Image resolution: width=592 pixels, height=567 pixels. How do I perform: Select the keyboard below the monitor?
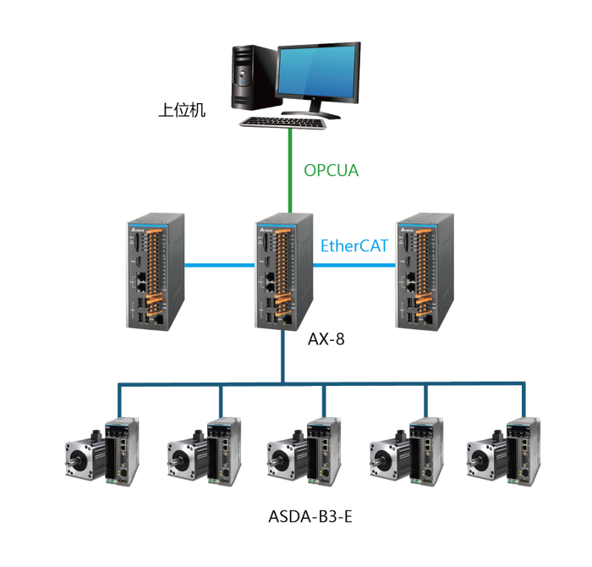pos(283,123)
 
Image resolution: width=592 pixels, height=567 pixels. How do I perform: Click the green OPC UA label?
pos(332,171)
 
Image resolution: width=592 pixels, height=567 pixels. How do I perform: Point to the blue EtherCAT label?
pos(353,246)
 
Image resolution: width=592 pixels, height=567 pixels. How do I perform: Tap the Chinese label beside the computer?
pos(183,110)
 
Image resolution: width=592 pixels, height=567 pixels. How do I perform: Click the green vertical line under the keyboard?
pos(292,169)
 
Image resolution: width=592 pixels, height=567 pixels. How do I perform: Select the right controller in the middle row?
pos(424,271)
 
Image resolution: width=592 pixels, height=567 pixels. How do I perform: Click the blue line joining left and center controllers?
pos(222,265)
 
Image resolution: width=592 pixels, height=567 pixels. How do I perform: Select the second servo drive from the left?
pos(226,449)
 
